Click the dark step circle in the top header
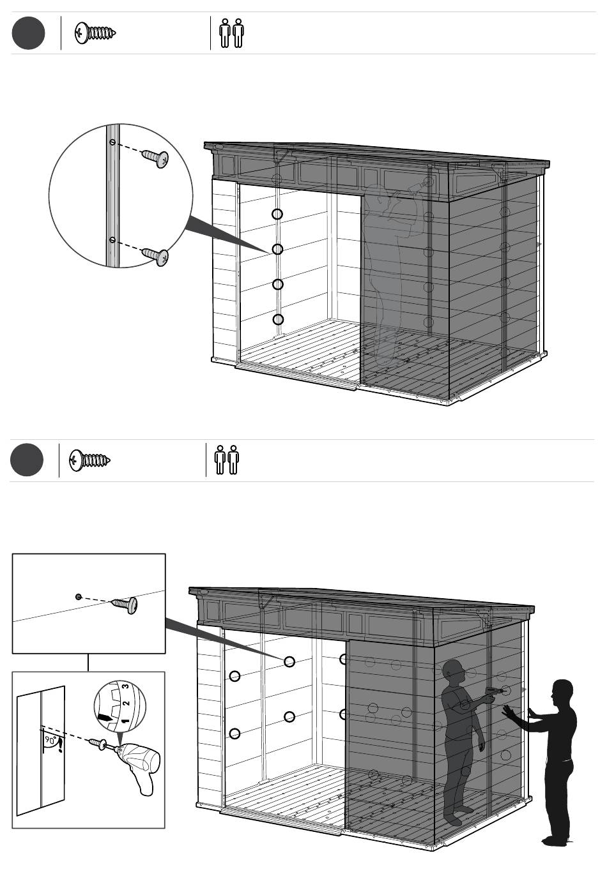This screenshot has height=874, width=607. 29,33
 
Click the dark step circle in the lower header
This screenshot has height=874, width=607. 27,460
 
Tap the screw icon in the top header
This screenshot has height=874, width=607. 95,33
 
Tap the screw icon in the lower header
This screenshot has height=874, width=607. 89,460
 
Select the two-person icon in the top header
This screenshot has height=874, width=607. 231,33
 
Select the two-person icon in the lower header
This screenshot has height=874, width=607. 227,460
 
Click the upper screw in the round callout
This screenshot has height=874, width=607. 155,158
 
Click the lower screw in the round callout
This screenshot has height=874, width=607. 155,257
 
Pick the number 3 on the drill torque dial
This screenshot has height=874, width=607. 125,687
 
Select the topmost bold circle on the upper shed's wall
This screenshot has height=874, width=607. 277,214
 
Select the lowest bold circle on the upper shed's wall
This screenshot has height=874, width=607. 278,320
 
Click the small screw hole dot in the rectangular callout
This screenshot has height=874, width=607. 78,596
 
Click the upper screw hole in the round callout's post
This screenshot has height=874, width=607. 112,142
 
